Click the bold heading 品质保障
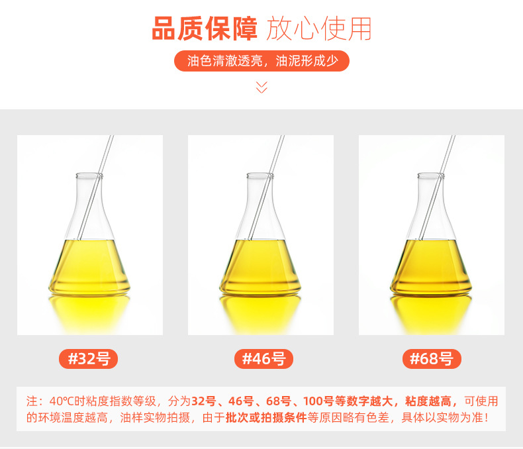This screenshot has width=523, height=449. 205,28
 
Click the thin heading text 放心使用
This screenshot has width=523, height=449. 318,28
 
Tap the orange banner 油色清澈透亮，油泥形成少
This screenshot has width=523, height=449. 262,61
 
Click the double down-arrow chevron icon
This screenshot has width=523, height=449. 262,87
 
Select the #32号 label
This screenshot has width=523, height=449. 89,359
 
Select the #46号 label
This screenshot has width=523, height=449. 264,359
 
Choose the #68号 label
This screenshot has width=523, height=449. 432,359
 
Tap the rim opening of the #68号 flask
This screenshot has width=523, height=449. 431,175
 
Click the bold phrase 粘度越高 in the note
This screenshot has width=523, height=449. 428,401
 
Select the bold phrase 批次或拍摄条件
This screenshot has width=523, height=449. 266,418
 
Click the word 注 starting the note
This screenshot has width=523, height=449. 32,401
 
